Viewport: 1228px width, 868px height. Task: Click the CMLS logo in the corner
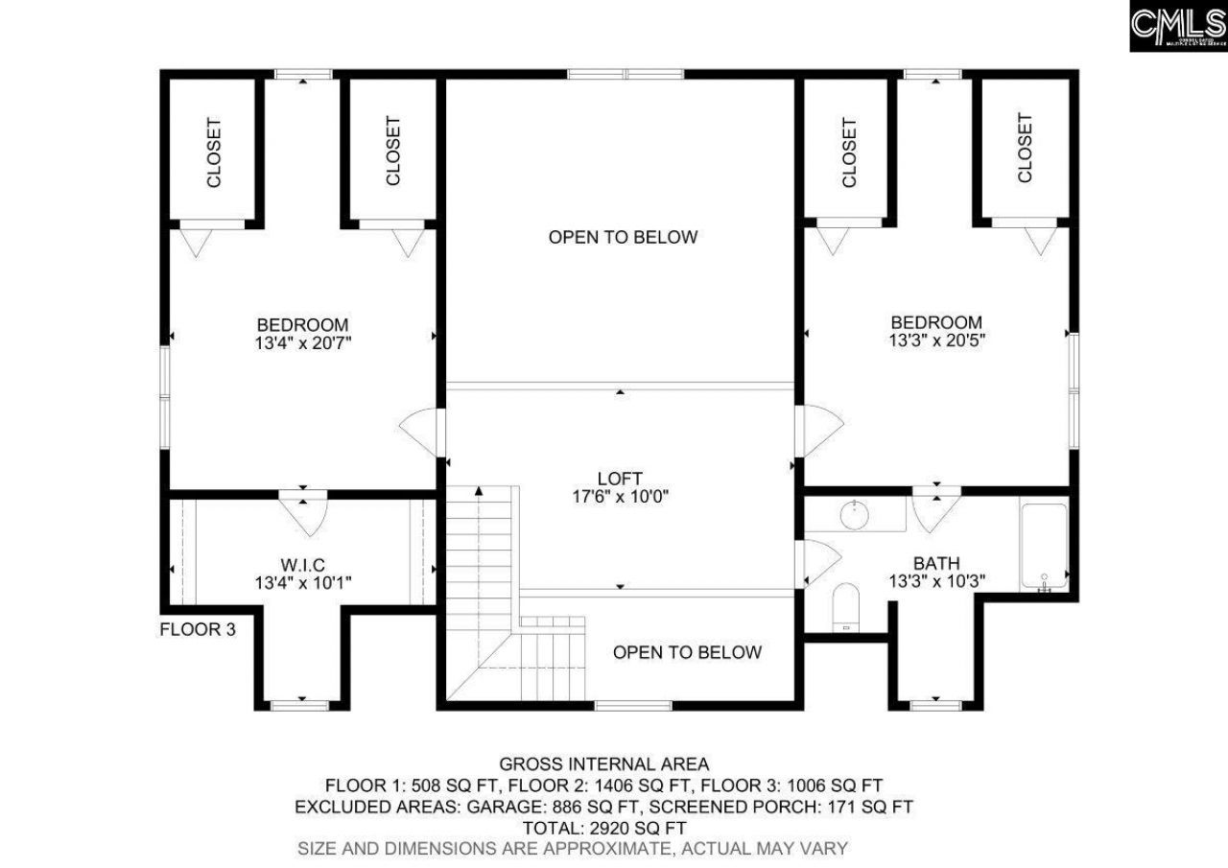pyautogui.click(x=1178, y=26)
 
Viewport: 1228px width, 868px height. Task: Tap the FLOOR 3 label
pyautogui.click(x=197, y=630)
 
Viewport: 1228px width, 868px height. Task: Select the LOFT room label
pyautogui.click(x=620, y=478)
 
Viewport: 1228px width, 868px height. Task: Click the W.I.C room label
pyautogui.click(x=301, y=563)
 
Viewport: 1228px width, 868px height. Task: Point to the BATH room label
pyautogui.click(x=936, y=563)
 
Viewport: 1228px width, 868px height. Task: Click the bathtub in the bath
pyautogui.click(x=1043, y=548)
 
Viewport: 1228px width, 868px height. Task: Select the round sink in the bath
pyautogui.click(x=855, y=515)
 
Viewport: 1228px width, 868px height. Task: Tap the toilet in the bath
pyautogui.click(x=845, y=607)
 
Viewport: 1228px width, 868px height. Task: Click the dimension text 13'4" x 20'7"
pyautogui.click(x=302, y=342)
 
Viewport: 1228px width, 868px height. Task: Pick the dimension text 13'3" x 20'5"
pyautogui.click(x=936, y=340)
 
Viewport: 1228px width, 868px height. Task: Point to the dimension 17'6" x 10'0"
pyautogui.click(x=620, y=496)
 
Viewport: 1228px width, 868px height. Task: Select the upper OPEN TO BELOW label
pyautogui.click(x=623, y=237)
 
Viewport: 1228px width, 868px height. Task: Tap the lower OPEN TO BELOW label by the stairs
pyautogui.click(x=687, y=652)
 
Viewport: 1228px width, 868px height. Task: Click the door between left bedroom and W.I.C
pyautogui.click(x=303, y=510)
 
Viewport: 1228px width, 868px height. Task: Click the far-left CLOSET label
pyautogui.click(x=214, y=152)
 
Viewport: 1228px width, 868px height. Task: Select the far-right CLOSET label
pyautogui.click(x=1025, y=149)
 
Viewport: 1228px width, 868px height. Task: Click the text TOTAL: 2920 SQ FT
pyautogui.click(x=604, y=827)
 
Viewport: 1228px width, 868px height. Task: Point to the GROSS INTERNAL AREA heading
pyautogui.click(x=604, y=764)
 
